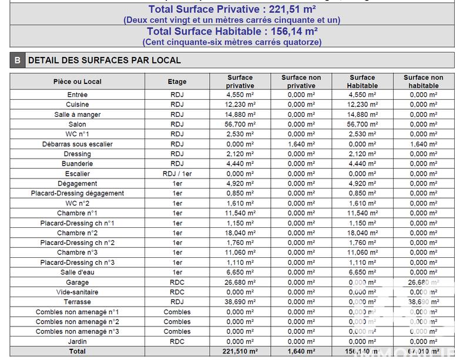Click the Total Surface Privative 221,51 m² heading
pyautogui.click(x=232, y=9)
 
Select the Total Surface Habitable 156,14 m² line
pyautogui.click(x=232, y=32)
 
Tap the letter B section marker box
pyautogui.click(x=18, y=60)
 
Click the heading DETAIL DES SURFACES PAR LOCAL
pyautogui.click(x=105, y=60)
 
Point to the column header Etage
pyautogui.click(x=177, y=82)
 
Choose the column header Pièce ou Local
pyautogui.click(x=77, y=82)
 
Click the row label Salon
pyautogui.click(x=77, y=125)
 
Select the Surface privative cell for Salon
pyautogui.click(x=240, y=125)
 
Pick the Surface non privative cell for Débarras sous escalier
pyautogui.click(x=301, y=144)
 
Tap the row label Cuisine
pyautogui.click(x=77, y=105)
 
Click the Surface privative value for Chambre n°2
pyautogui.click(x=240, y=233)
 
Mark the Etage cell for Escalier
pyautogui.click(x=177, y=174)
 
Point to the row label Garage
pyautogui.click(x=77, y=282)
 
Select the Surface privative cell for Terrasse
pyautogui.click(x=240, y=302)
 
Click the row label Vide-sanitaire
pyautogui.click(x=77, y=292)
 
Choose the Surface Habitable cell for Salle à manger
pyautogui.click(x=362, y=115)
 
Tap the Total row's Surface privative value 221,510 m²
pyautogui.click(x=240, y=351)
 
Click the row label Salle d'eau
pyautogui.click(x=77, y=272)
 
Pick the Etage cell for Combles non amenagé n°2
pyautogui.click(x=177, y=322)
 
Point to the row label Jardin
pyautogui.click(x=77, y=341)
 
